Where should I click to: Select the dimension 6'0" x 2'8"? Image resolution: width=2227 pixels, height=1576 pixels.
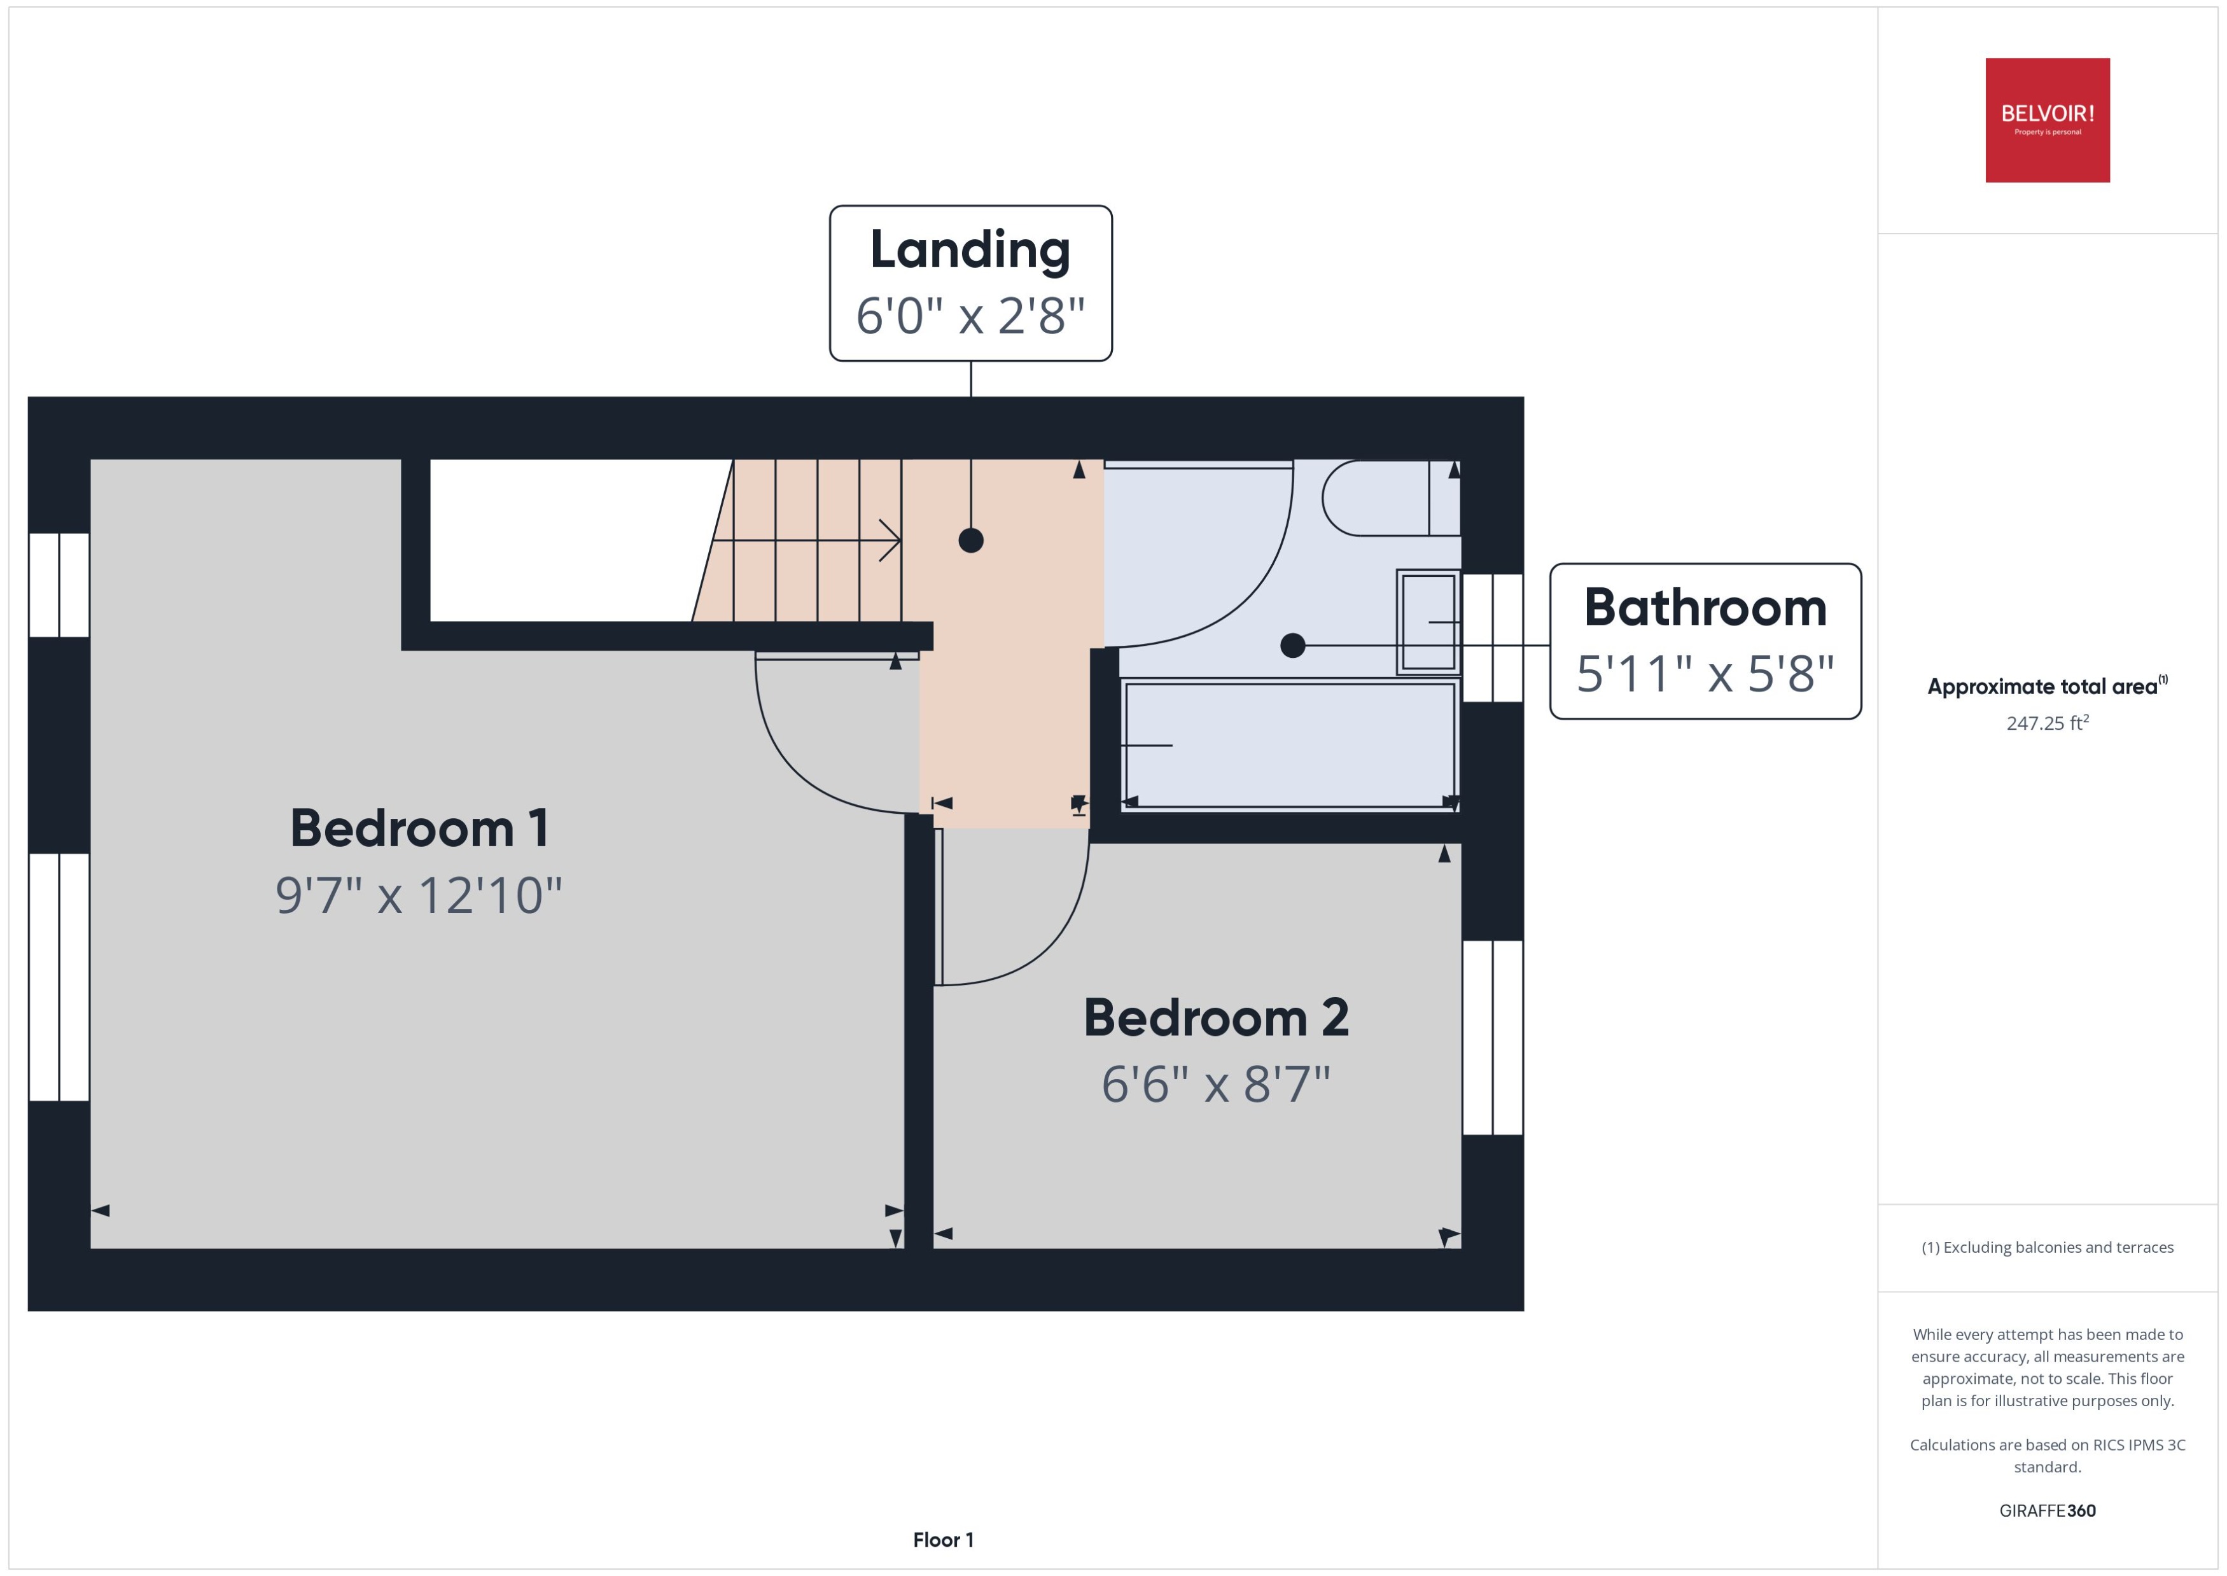pos(970,316)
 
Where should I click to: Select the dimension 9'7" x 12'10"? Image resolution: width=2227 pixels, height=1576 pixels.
pos(419,895)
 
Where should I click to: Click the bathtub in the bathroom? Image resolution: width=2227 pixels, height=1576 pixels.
pos(1288,744)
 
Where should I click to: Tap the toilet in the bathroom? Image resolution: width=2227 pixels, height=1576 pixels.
pos(1388,498)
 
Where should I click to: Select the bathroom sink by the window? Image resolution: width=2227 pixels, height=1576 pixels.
pos(1427,621)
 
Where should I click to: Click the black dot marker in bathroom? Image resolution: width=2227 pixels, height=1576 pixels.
pos(1292,645)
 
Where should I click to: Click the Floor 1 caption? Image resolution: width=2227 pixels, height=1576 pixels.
pos(942,1539)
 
